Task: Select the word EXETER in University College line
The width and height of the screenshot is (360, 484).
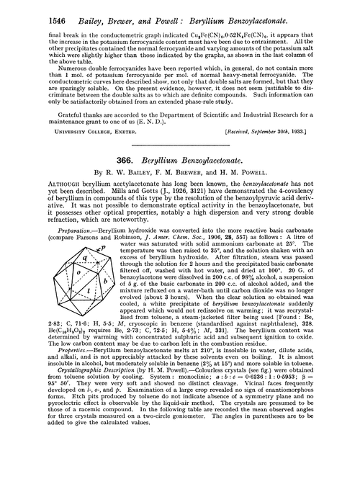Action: click(x=99, y=153)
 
